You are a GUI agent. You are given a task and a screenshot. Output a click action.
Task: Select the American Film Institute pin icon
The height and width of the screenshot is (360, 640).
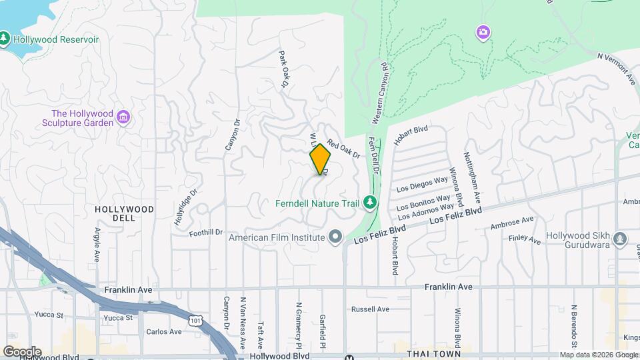click(x=335, y=237)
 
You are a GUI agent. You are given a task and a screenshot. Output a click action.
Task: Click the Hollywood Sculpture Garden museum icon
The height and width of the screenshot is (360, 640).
click(x=123, y=118)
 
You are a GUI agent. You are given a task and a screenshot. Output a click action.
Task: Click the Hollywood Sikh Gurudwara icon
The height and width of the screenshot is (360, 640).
click(x=620, y=238)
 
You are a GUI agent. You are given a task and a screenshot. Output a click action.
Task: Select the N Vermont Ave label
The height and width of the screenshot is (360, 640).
click(x=617, y=69)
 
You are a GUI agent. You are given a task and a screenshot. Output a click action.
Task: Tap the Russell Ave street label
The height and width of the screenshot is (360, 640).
click(x=370, y=309)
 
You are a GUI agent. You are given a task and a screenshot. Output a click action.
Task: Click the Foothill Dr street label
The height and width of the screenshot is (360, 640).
click(x=205, y=232)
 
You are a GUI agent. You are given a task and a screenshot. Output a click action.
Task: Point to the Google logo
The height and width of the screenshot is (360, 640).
click(x=21, y=352)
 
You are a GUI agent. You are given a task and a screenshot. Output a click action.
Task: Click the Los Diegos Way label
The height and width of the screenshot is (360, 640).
click(x=422, y=185)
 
